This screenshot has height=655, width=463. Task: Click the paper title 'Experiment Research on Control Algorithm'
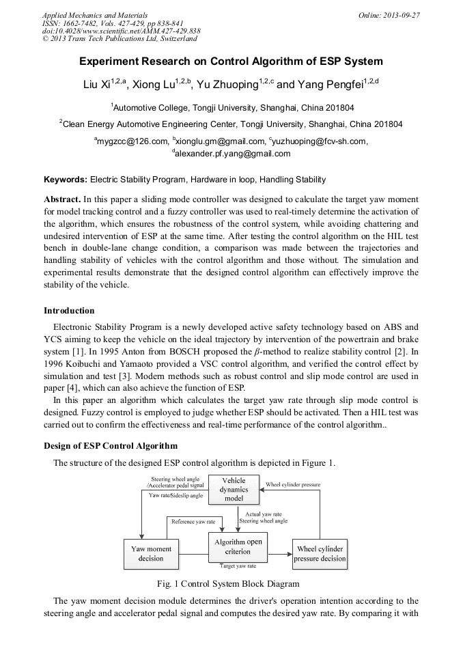231,61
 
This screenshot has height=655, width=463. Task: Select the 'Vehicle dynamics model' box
234,490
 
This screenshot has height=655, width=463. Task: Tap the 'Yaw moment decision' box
151,553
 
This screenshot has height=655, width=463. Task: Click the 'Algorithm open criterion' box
238,547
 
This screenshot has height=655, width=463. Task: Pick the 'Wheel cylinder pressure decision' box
320,553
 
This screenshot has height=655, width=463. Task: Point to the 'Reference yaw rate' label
188,521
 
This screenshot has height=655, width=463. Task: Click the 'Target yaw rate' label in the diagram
238,566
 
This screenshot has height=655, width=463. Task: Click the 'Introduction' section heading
69,310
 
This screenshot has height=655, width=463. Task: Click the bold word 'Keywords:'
66,180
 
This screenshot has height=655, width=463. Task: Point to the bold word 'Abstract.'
62,199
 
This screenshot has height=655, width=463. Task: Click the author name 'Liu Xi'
96,85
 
